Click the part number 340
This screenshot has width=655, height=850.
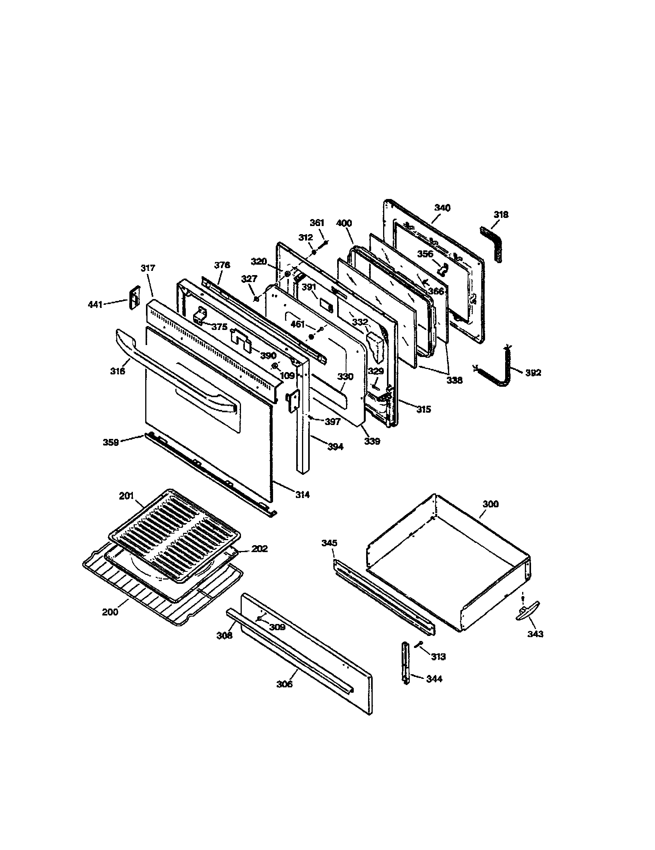click(442, 208)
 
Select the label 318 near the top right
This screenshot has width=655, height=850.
click(501, 214)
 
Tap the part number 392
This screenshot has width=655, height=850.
click(533, 372)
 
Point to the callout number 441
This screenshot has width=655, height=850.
click(95, 304)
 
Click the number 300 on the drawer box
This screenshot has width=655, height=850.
click(490, 504)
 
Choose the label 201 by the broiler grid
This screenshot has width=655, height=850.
click(126, 496)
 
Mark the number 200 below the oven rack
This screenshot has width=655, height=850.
click(110, 612)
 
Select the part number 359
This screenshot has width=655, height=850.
click(111, 442)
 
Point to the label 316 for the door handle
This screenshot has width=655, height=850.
click(117, 371)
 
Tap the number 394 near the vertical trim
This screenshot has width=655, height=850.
click(335, 447)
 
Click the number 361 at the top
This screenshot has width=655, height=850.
click(317, 223)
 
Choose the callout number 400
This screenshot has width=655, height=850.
click(343, 223)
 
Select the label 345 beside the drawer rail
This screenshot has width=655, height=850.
click(329, 543)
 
